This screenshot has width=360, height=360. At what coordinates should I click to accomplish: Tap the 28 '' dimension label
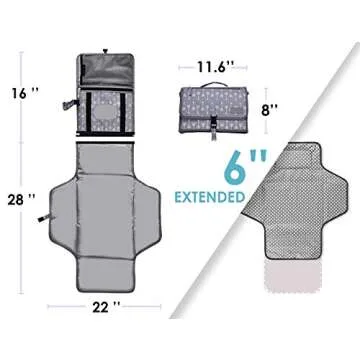(21, 200)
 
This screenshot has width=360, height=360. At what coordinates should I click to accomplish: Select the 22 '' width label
(105, 308)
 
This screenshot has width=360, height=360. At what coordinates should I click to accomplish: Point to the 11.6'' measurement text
(213, 67)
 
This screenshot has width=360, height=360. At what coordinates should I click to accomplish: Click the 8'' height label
(270, 110)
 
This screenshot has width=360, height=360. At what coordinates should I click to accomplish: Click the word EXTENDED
(210, 197)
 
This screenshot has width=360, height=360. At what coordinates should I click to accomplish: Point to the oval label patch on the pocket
(104, 113)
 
